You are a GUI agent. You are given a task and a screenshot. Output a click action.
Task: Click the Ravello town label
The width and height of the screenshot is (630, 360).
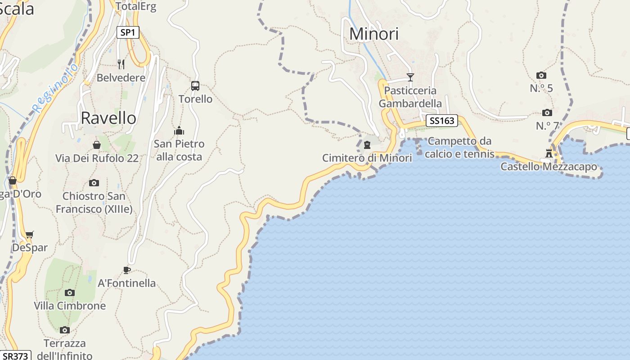pyautogui.click(x=108, y=118)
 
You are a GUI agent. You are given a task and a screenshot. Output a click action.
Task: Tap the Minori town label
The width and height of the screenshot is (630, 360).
pyautogui.click(x=374, y=34)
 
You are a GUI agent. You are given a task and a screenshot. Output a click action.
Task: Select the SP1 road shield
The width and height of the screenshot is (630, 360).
pyautogui.click(x=128, y=32)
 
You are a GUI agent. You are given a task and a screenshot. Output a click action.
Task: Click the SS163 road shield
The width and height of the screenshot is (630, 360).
pyautogui.click(x=441, y=121)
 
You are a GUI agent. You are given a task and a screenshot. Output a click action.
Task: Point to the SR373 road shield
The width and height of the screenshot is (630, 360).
pyautogui.click(x=15, y=355)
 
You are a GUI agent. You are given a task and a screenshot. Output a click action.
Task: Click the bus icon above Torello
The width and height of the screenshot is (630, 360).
pyautogui.click(x=195, y=85)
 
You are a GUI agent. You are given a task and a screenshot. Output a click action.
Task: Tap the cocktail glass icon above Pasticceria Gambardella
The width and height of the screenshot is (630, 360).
pyautogui.click(x=410, y=77)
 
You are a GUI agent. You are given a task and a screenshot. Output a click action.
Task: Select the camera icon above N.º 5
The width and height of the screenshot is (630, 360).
pyautogui.click(x=541, y=75)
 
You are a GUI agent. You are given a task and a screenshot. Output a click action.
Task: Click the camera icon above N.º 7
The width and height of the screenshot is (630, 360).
pyautogui.click(x=547, y=112)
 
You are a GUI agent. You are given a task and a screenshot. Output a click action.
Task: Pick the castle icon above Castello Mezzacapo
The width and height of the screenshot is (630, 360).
pyautogui.click(x=549, y=153)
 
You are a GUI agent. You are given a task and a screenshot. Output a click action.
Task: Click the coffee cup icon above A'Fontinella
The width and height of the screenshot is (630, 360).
pyautogui.click(x=127, y=270)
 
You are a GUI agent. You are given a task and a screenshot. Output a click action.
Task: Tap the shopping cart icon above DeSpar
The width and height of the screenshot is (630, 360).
pyautogui.click(x=30, y=234)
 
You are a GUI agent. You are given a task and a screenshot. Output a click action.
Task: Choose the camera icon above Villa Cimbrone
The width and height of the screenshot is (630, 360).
pyautogui.click(x=70, y=292)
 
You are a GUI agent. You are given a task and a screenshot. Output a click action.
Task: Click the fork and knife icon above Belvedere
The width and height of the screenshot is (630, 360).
pyautogui.click(x=121, y=64)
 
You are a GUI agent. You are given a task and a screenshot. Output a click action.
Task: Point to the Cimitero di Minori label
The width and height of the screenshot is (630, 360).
pyautogui.click(x=367, y=158)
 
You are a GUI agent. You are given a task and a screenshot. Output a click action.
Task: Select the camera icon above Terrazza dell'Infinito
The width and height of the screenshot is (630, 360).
pyautogui.click(x=65, y=330)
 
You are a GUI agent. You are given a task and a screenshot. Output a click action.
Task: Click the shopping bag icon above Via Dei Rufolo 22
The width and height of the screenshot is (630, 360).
pyautogui.click(x=97, y=145)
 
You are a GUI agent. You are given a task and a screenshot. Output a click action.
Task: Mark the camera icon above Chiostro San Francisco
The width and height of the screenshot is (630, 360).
pyautogui.click(x=94, y=183)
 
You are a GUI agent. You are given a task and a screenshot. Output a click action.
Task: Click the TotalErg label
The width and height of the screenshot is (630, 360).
pyautogui.click(x=135, y=6)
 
